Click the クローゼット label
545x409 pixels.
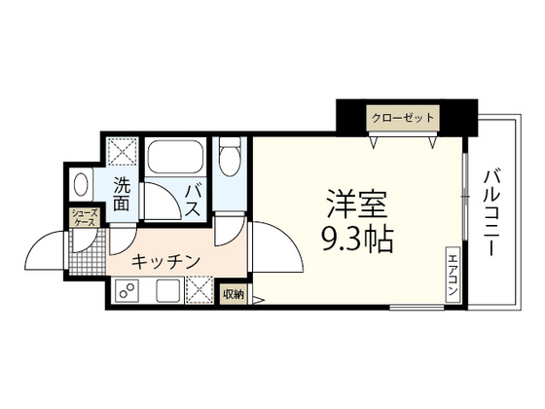click(402, 118)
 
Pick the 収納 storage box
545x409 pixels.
click(233, 293)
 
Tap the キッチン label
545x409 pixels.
click(165, 261)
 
